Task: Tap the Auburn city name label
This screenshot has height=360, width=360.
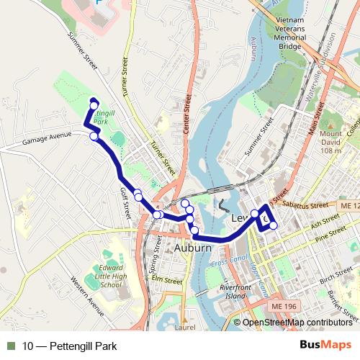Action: click(x=193, y=248)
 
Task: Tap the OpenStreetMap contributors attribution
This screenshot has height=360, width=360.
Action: click(x=297, y=323)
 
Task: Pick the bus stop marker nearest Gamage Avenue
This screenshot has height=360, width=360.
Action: click(x=94, y=135)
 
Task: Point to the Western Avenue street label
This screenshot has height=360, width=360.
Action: click(x=87, y=296)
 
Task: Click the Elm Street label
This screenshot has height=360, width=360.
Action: click(x=167, y=280)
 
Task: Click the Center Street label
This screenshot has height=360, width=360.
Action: click(x=187, y=114)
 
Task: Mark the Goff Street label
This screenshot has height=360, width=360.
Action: click(x=125, y=204)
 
